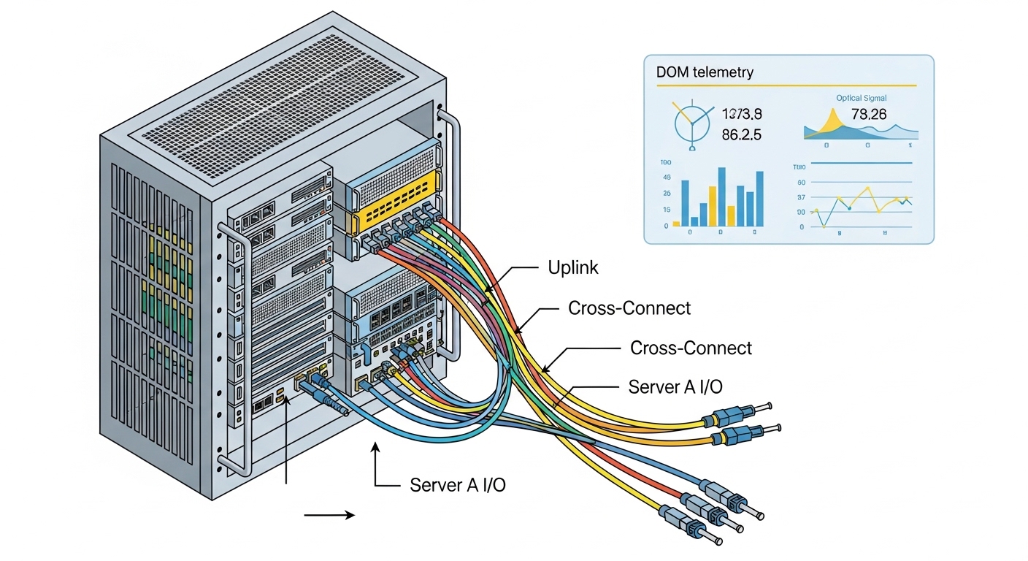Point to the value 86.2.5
pyautogui.click(x=742, y=134)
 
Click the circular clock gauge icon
pyautogui.click(x=692, y=123)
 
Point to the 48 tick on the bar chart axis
pyautogui.click(x=667, y=178)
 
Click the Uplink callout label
pyautogui.click(x=573, y=268)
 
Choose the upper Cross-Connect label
pyautogui.click(x=629, y=308)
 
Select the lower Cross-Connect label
pyautogui.click(x=691, y=348)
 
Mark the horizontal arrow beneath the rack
pyautogui.click(x=329, y=515)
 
